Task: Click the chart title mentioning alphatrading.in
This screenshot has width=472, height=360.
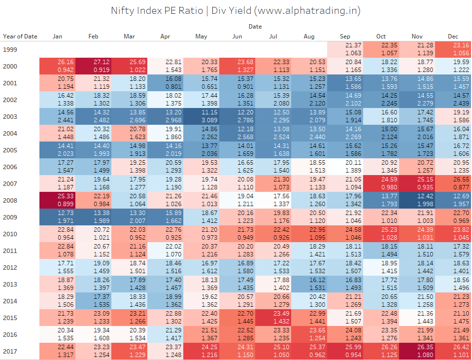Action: tap(236, 10)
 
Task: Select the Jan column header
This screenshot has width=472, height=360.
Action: tap(57, 36)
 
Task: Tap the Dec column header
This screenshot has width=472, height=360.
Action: tap(453, 36)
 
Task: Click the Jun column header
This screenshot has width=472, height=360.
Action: tap(237, 36)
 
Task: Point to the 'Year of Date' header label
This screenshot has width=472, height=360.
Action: tap(20, 36)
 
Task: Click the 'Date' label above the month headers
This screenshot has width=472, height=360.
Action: tap(255, 26)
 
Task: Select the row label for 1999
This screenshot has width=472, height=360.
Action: tap(9, 49)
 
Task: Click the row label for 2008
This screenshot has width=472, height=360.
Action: tap(9, 200)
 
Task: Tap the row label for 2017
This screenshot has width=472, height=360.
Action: tap(9, 351)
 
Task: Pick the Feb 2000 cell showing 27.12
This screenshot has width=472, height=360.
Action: tap(93, 66)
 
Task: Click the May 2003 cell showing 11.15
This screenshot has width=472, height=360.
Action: tap(201, 116)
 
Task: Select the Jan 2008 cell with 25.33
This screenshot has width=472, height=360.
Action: tap(57, 200)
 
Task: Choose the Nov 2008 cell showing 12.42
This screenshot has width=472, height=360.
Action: tap(417, 200)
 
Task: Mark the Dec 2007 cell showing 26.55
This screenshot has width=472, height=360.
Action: tap(453, 183)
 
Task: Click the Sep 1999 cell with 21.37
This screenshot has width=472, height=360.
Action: tap(345, 49)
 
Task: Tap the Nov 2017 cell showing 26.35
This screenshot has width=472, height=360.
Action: tap(417, 351)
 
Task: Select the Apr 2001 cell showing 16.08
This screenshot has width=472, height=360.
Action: tap(165, 83)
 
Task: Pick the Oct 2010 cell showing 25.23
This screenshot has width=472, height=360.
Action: tap(381, 234)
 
